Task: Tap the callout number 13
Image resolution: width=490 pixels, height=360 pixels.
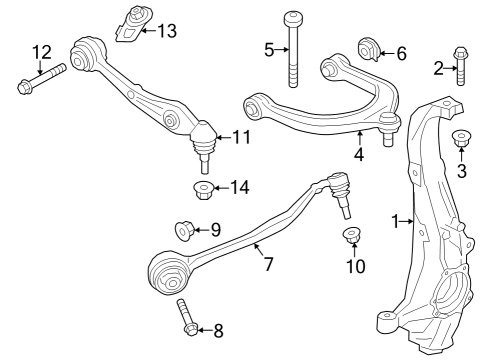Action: (166, 30)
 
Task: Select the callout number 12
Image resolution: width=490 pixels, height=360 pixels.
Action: (41, 52)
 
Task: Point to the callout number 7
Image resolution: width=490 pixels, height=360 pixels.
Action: (267, 265)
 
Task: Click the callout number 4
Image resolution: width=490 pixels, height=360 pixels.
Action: (358, 155)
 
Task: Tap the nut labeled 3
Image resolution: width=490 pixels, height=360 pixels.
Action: (461, 139)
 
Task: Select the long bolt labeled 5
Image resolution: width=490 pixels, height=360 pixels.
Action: (292, 52)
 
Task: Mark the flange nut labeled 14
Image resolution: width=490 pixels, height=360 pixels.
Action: (200, 188)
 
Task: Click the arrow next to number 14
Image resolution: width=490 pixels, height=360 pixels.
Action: (222, 187)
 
